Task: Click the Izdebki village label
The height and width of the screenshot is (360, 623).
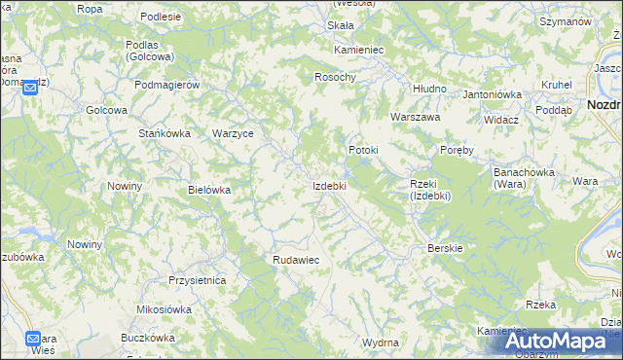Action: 329,185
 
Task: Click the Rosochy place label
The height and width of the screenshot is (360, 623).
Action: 336,77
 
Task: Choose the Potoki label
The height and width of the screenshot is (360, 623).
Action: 363,151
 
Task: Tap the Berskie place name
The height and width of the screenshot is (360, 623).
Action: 446,248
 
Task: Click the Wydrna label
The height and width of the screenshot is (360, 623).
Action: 380,343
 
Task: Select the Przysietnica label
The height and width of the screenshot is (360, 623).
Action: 197,280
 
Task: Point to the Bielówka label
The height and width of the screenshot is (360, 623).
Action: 209,191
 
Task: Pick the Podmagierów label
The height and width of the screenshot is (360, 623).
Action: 167,85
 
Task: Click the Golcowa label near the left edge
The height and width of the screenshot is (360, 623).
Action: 107,110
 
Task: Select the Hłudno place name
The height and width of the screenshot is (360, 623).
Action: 429,89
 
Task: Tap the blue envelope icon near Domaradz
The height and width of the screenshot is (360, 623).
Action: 30,88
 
